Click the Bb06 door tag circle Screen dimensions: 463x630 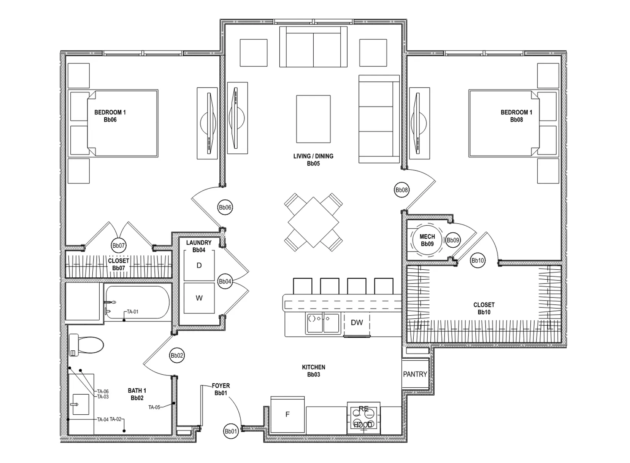(225, 208)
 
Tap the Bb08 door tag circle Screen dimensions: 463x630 (402, 190)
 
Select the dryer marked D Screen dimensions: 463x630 (199, 265)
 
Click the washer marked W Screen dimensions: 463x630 (199, 298)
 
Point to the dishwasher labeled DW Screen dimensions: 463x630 (357, 323)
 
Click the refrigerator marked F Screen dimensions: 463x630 (287, 414)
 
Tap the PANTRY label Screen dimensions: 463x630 (415, 374)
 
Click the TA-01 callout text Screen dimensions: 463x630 (132, 312)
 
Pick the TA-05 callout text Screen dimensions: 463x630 (154, 407)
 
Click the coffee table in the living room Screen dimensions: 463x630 (313, 119)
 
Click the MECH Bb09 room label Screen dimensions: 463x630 (427, 240)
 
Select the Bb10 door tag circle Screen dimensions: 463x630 (478, 260)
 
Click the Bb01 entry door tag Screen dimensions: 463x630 (231, 431)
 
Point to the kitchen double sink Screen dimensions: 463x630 (322, 323)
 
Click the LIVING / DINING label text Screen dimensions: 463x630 (313, 156)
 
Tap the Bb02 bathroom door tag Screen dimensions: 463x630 (177, 356)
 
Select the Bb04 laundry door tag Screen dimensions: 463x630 (225, 282)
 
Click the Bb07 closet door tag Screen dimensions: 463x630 (119, 245)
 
